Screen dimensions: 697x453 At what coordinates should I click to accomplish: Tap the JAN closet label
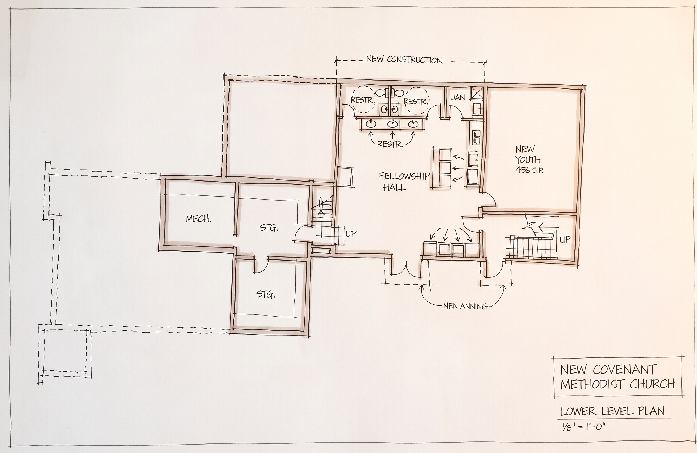[x=458, y=97]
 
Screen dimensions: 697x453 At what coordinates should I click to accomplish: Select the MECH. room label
[x=198, y=219]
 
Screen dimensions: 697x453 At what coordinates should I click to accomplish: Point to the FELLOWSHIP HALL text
[x=404, y=182]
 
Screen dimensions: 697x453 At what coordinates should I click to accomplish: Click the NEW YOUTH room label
[x=528, y=154]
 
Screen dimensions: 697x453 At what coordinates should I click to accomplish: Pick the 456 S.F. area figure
[x=529, y=170]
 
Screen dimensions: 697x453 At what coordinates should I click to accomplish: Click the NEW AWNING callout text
[x=465, y=306]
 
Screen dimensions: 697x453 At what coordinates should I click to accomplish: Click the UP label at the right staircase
[x=565, y=240]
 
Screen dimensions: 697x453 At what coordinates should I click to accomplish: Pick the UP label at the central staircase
[x=351, y=233]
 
